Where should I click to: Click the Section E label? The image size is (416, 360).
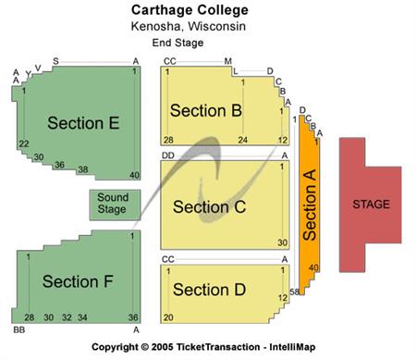(83, 123)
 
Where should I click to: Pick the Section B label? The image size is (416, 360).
(206, 111)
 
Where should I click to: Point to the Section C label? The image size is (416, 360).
(209, 206)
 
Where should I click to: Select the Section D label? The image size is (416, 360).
(208, 290)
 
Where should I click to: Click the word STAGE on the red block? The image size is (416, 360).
(372, 204)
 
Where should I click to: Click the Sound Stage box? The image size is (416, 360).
(113, 204)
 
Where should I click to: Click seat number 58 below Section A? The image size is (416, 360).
(295, 292)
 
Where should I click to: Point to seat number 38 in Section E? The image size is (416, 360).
(82, 169)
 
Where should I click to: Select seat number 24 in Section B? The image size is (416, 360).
(243, 140)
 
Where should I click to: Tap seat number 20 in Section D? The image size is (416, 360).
(168, 317)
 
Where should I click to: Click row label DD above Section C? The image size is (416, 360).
(168, 155)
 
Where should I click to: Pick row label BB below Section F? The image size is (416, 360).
(18, 329)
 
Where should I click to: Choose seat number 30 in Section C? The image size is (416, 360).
(282, 242)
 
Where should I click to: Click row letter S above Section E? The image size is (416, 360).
(55, 61)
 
